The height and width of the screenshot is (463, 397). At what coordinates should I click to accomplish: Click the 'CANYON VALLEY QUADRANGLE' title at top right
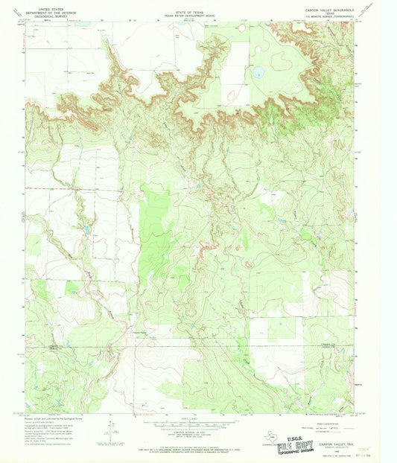point(326,9)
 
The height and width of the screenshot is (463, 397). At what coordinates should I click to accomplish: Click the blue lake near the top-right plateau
point(259,74)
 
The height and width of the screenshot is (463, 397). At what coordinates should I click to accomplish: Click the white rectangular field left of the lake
point(237,73)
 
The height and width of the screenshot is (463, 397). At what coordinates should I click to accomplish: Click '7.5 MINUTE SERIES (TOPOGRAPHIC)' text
point(326,18)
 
